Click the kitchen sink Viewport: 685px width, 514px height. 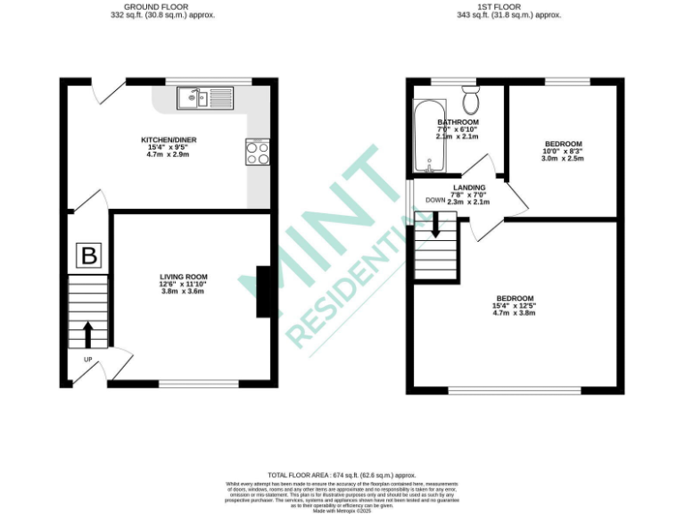(x=204, y=97)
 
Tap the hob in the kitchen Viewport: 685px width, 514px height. (x=258, y=153)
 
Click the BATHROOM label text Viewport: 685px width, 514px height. (x=458, y=122)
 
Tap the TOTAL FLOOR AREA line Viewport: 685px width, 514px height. (x=342, y=476)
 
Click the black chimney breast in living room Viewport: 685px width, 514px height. (x=263, y=292)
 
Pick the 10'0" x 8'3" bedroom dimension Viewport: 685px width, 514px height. (x=563, y=153)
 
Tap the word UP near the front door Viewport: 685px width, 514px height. (x=88, y=360)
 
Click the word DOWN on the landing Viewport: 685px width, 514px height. (x=435, y=200)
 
